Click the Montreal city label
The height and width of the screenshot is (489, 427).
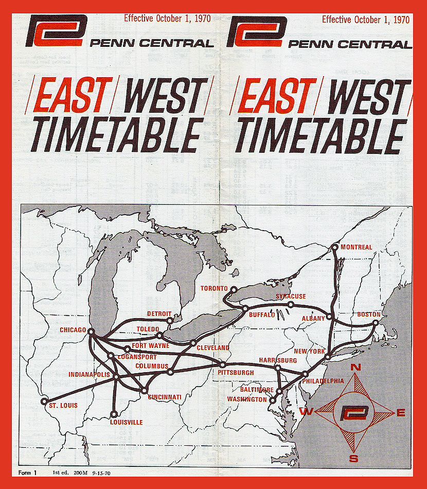point(356,247)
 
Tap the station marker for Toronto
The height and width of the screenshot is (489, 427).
point(233,290)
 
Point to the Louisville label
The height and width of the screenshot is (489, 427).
point(126,423)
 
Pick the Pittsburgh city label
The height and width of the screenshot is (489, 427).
point(236,372)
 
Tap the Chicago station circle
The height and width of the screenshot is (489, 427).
point(91,331)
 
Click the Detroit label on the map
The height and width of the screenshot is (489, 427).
point(159,313)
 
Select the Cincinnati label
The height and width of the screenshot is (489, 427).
point(165,397)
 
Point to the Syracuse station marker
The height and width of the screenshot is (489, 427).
point(291,304)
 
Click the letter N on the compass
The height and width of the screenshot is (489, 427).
point(355,367)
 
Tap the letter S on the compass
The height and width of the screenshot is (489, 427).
point(353,459)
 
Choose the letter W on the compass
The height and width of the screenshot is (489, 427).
point(304,412)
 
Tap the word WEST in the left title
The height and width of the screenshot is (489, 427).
point(164,96)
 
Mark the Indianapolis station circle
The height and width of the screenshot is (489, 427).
point(116,377)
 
